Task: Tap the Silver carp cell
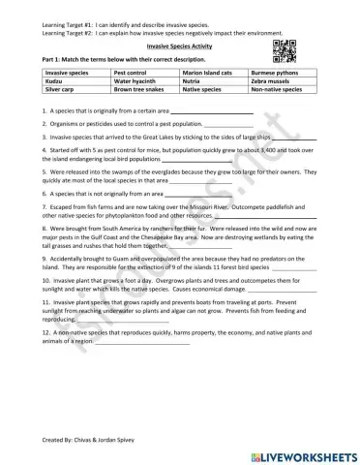59,88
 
